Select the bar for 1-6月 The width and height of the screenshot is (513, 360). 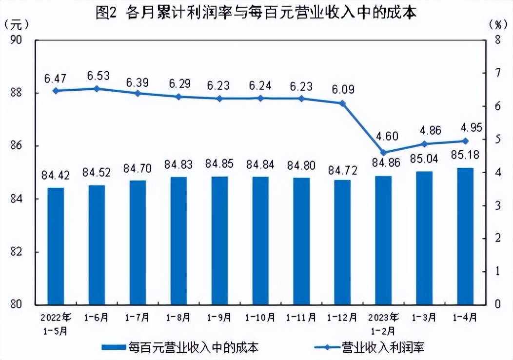click(97, 244)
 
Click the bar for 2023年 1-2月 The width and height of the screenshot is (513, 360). click(383, 240)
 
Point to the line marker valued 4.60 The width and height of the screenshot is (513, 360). click(383, 152)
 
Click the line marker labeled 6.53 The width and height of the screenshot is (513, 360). click(97, 89)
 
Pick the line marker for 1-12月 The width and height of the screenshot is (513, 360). click(342, 103)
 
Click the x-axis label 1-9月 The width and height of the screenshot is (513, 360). click(219, 317)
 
